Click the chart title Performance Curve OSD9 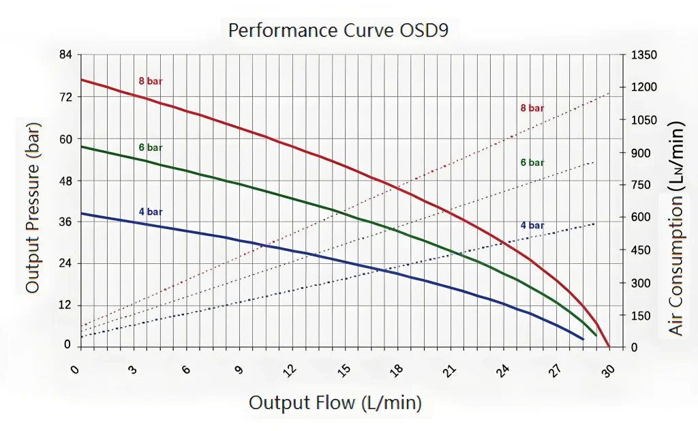pyautogui.click(x=338, y=31)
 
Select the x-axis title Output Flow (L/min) pyautogui.click(x=335, y=402)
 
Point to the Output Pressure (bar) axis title pyautogui.click(x=33, y=208)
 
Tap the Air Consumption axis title pyautogui.click(x=676, y=228)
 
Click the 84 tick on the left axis pyautogui.click(x=65, y=55)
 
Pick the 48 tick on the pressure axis pyautogui.click(x=65, y=181)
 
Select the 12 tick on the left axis pyautogui.click(x=65, y=305)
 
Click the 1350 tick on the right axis pyautogui.click(x=644, y=55)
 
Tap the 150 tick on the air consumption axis pyautogui.click(x=641, y=316)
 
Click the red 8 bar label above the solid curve pyautogui.click(x=151, y=81)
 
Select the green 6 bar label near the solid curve pyautogui.click(x=151, y=147)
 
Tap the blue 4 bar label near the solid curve pyautogui.click(x=151, y=212)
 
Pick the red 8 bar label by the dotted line pyautogui.click(x=532, y=108)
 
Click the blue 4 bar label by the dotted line pyautogui.click(x=532, y=226)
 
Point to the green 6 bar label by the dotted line pyautogui.click(x=532, y=162)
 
